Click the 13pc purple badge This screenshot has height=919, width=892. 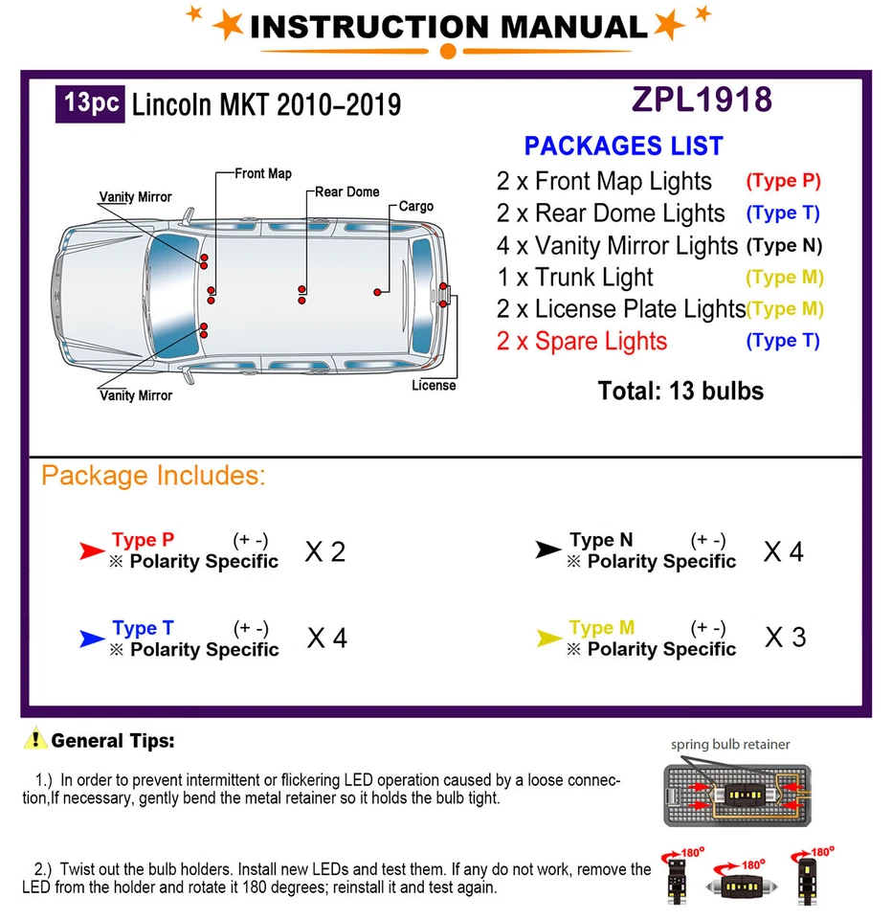click(x=93, y=102)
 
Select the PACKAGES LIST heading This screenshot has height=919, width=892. click(x=623, y=146)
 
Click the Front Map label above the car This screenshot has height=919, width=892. click(x=263, y=173)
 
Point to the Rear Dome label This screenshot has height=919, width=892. click(x=347, y=191)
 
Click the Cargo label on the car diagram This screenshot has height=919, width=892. click(x=415, y=206)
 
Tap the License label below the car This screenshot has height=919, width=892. click(x=434, y=385)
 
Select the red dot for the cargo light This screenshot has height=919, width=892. click(x=378, y=290)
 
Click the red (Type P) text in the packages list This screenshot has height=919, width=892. click(x=783, y=180)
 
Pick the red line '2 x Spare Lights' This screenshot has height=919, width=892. click(x=581, y=341)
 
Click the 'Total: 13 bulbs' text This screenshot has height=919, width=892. click(x=680, y=391)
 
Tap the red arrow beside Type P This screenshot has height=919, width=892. click(x=92, y=550)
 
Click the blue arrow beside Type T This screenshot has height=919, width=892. click(x=92, y=639)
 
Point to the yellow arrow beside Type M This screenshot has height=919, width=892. click(x=548, y=639)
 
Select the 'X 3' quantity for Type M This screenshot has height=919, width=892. click(x=785, y=637)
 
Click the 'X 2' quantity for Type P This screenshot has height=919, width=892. click(x=324, y=551)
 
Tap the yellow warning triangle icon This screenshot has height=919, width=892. click(x=36, y=739)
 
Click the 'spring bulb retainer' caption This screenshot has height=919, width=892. click(x=730, y=744)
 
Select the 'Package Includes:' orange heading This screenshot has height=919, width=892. click(x=153, y=476)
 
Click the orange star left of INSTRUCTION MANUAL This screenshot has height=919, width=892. click(x=228, y=25)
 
